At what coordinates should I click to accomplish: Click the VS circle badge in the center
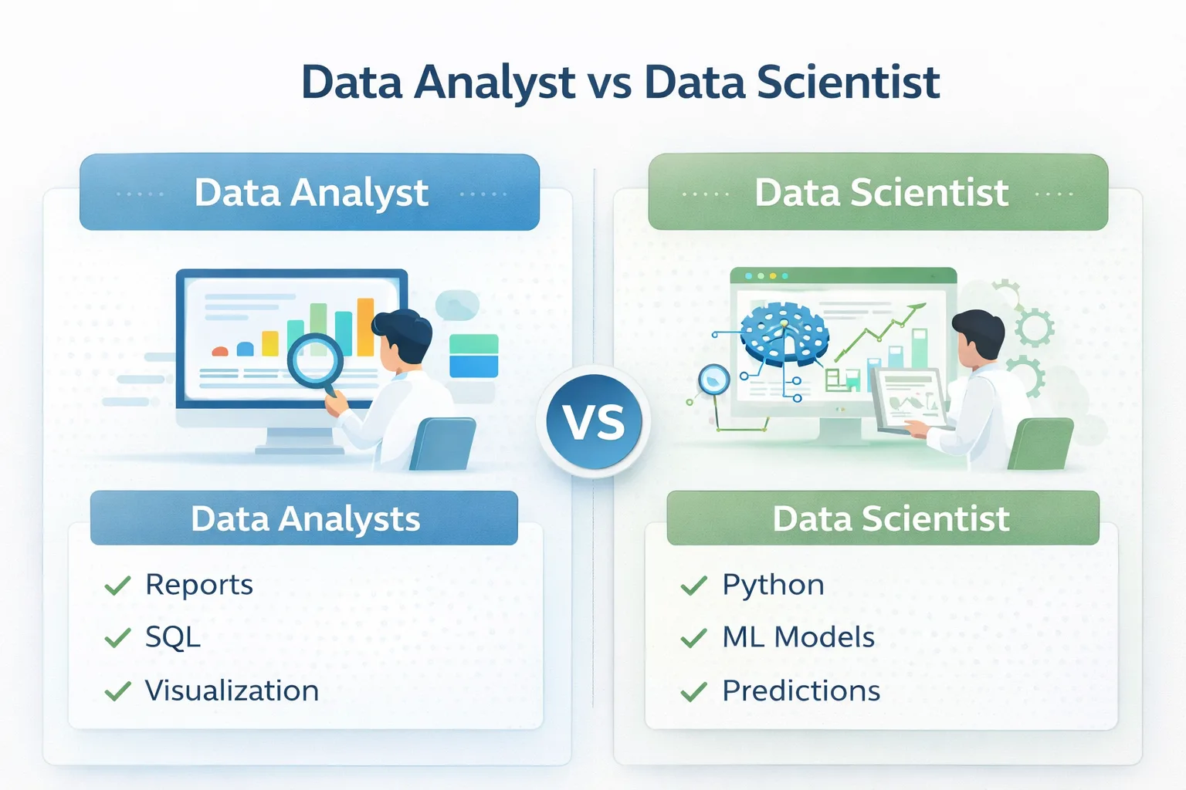pyautogui.click(x=593, y=421)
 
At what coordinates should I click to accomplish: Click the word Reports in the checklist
pyautogui.click(x=199, y=585)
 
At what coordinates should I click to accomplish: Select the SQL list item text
pyautogui.click(x=173, y=637)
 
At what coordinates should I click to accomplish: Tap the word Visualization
pyautogui.click(x=232, y=690)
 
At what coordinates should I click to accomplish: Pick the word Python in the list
pyautogui.click(x=773, y=585)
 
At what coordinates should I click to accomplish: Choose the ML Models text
pyautogui.click(x=798, y=637)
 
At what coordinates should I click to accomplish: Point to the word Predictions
pyautogui.click(x=801, y=690)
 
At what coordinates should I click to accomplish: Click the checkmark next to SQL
pyautogui.click(x=117, y=638)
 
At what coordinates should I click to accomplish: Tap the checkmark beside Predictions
pyautogui.click(x=693, y=691)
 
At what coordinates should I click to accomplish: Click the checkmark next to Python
pyautogui.click(x=693, y=586)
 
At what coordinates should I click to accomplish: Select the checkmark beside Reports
pyautogui.click(x=117, y=586)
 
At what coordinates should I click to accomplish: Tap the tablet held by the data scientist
pyautogui.click(x=910, y=397)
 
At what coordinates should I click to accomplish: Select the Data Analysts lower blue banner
pyautogui.click(x=304, y=518)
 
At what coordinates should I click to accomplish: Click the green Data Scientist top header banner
pyautogui.click(x=878, y=192)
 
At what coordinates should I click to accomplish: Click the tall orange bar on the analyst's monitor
pyautogui.click(x=365, y=326)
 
